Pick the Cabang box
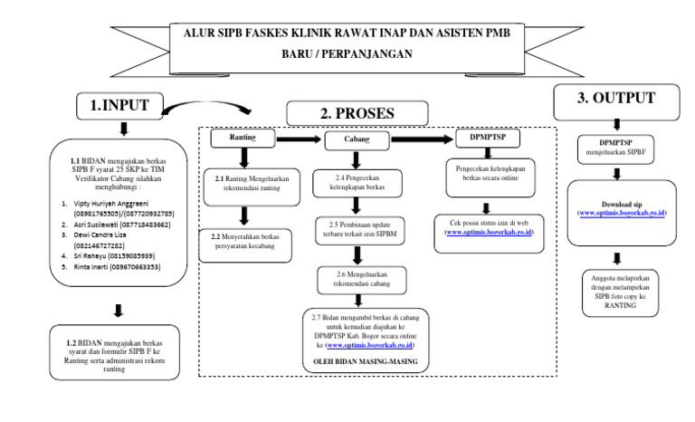pos(354,139)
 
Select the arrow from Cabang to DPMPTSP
pos(419,139)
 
